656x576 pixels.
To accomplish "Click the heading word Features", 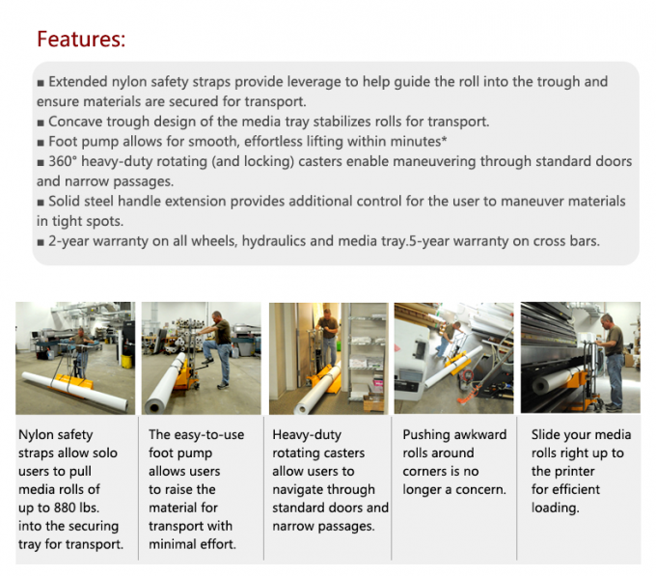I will click(81, 40).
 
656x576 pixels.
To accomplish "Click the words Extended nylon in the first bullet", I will click(98, 82).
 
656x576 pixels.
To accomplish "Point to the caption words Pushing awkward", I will click(453, 434).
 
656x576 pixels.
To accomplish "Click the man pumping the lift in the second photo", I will click(220, 343).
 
